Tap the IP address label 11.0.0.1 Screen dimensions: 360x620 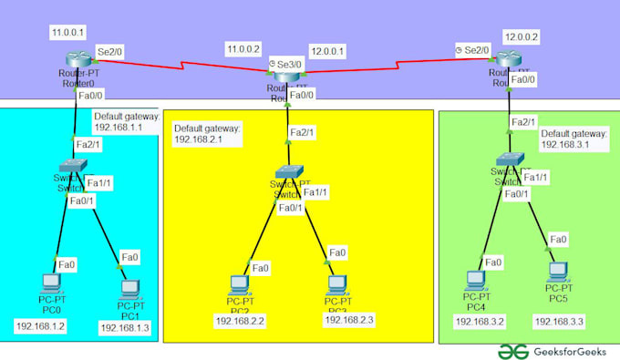pos(68,32)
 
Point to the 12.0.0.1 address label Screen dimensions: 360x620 pos(328,52)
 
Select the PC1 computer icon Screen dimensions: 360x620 pos(129,287)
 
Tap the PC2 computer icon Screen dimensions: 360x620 pos(239,284)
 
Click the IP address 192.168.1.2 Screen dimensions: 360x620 pos(40,325)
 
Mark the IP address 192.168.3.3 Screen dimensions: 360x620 pos(559,322)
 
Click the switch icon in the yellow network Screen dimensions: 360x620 pos(291,173)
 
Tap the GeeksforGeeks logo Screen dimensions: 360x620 pos(554,350)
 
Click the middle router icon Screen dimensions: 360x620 pos(288,80)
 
